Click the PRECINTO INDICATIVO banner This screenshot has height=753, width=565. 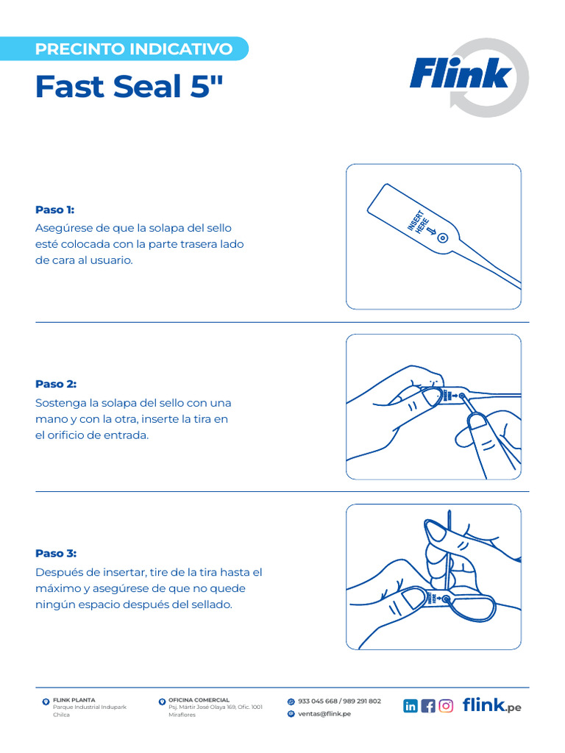coord(134,49)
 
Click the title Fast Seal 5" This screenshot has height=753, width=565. coord(128,87)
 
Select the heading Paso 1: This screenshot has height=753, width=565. coord(55,210)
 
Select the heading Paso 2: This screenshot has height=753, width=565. coord(56,384)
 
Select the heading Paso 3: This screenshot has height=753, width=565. coord(56,553)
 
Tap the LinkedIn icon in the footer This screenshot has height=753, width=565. coord(411,706)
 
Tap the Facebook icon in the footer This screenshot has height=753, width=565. coord(428,706)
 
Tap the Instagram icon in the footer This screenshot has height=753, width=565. coord(446,706)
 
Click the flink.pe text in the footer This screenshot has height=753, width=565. coord(491,706)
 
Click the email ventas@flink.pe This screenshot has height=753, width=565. coord(324,713)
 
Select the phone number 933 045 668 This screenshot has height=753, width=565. coord(318,701)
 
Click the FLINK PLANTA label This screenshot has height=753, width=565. coord(74,700)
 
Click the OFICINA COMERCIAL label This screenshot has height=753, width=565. coord(199,700)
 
